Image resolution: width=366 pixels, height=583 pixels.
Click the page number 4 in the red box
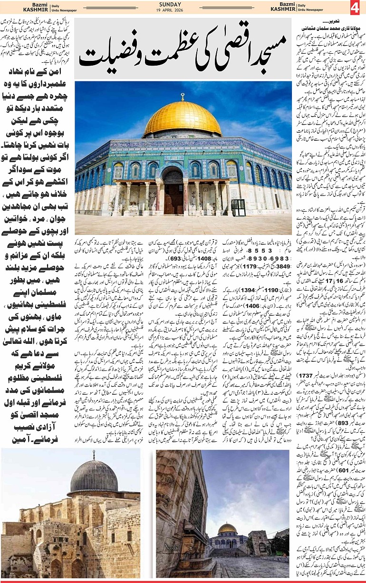pyautogui.click(x=355, y=8)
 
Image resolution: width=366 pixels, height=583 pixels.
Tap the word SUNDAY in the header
pyautogui.click(x=183, y=4)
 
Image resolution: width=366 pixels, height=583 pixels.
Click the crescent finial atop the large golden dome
pyautogui.click(x=183, y=97)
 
